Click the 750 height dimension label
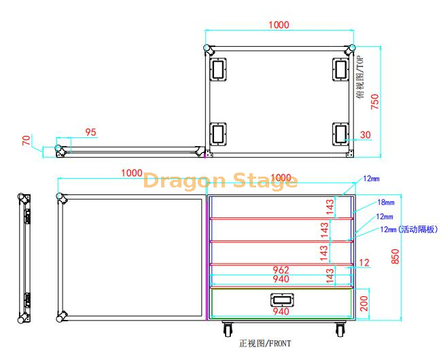(374, 101)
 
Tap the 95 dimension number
(90, 132)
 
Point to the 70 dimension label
(27, 141)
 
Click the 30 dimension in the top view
(365, 135)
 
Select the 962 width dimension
(281, 270)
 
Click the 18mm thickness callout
(386, 202)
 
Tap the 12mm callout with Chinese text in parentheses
(408, 230)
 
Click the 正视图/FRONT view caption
(265, 344)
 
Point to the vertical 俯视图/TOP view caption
(360, 77)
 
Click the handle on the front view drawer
(281, 300)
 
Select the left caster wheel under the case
(226, 329)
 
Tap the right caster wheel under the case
(339, 329)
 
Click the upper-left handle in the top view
(218, 69)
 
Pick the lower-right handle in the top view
(340, 134)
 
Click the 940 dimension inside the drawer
(281, 312)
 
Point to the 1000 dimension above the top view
(279, 25)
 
